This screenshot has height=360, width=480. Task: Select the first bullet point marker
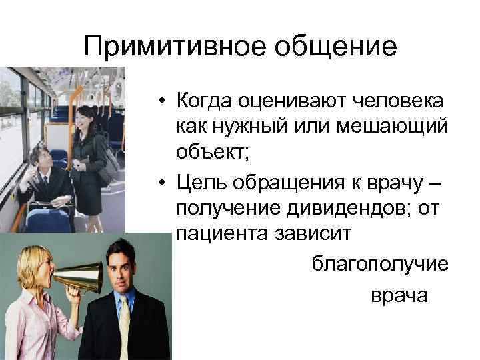coord(163,101)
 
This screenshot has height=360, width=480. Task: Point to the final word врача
coord(399,295)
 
